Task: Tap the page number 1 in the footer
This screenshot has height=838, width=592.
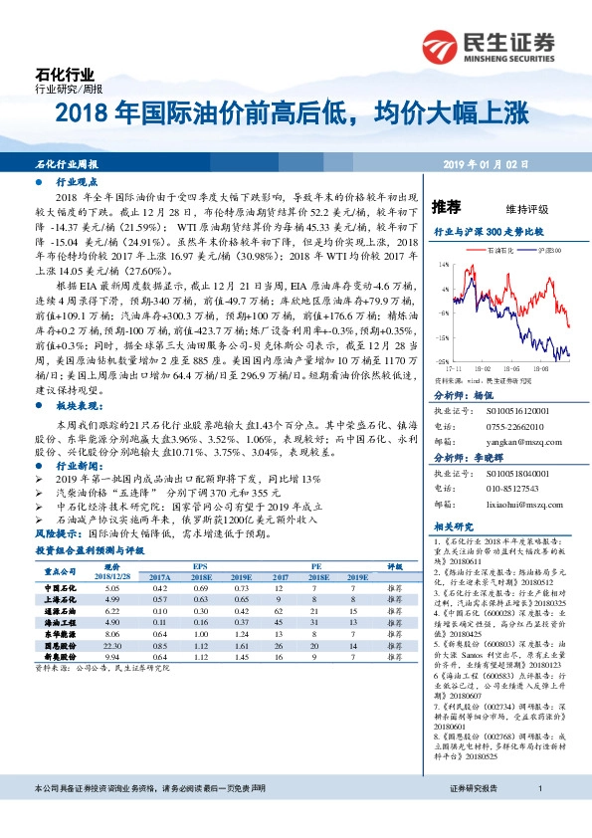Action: pos(538,816)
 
